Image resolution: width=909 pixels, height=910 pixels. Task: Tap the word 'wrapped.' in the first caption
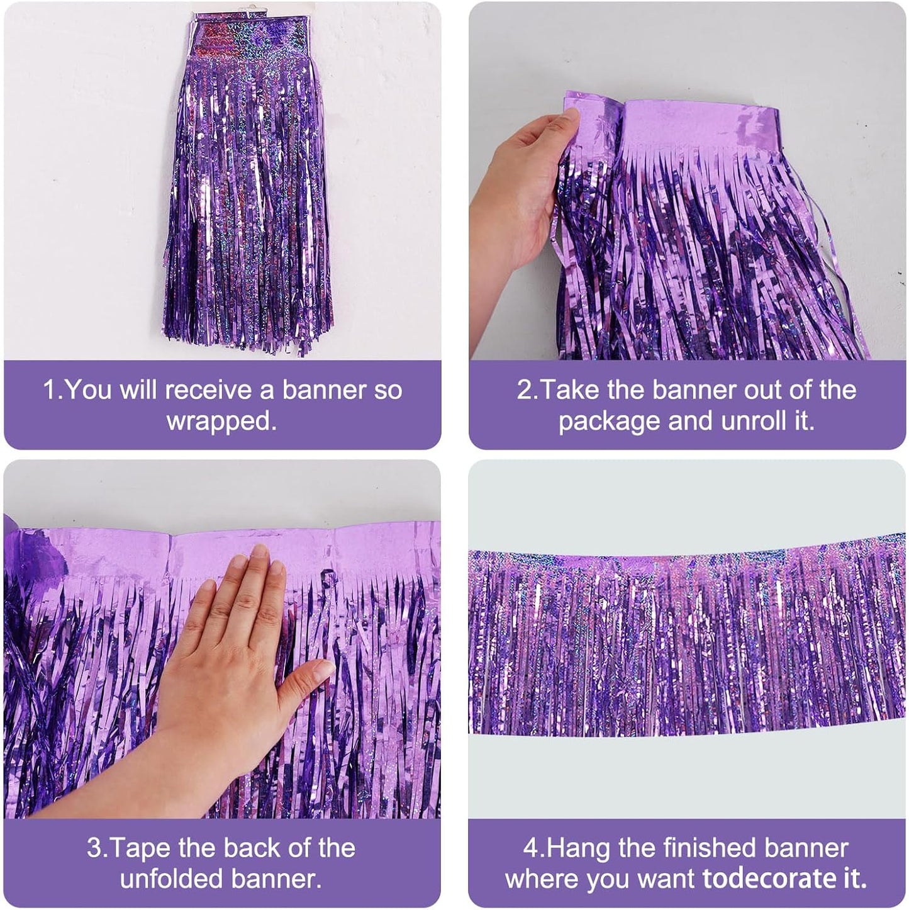coord(221,421)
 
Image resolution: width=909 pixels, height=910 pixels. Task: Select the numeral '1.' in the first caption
coord(53,390)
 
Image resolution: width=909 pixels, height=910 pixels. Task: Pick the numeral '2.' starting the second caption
coord(527,390)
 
